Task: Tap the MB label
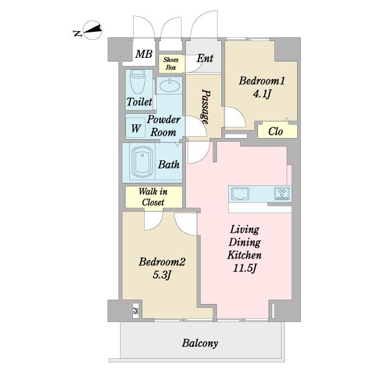144,54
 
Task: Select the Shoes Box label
171,63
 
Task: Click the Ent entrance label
205,58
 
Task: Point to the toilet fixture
137,82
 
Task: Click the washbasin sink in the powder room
170,86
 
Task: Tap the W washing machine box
136,128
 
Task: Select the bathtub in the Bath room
142,162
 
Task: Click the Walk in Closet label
153,196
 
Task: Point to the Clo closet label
275,131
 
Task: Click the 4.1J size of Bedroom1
262,94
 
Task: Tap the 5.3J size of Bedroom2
162,275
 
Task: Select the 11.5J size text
244,269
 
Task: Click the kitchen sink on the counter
240,193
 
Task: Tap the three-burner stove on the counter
282,193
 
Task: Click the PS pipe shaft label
136,311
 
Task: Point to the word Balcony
200,343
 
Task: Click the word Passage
206,106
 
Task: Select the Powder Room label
163,126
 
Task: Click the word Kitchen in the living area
244,255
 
